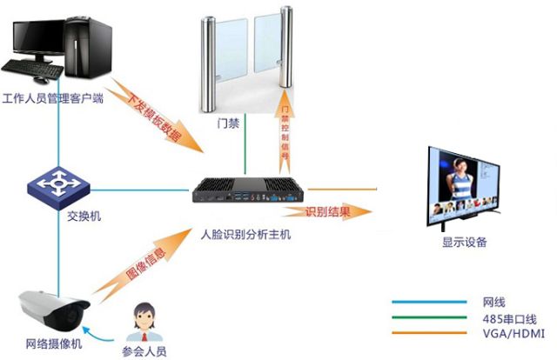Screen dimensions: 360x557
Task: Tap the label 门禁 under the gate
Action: coord(228,123)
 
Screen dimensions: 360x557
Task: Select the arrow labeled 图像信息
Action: coord(150,269)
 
